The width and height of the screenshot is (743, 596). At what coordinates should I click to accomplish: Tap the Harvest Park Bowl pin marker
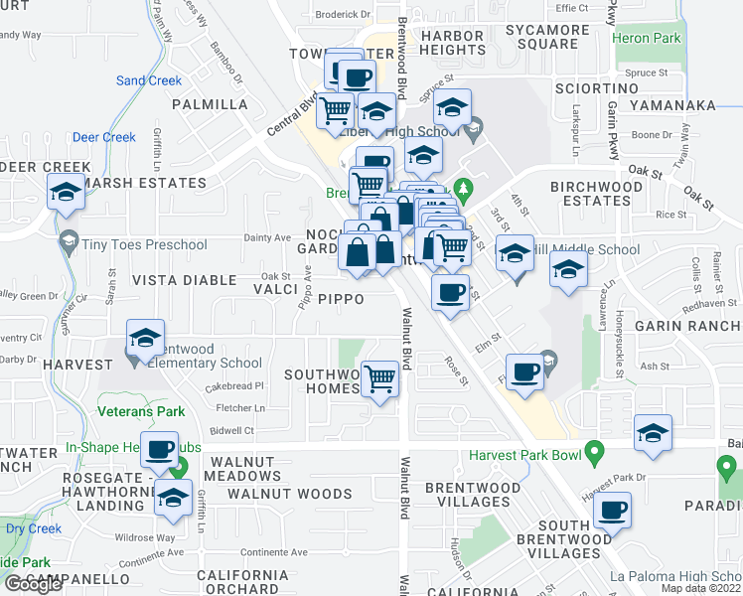tap(595, 455)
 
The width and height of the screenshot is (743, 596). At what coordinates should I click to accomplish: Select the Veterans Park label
tap(140, 410)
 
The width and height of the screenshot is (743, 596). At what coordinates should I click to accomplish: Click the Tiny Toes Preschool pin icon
tap(69, 240)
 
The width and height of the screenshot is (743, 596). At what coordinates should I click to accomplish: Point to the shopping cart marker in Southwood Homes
tap(380, 378)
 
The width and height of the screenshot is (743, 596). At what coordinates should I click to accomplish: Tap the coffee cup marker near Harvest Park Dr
tap(612, 511)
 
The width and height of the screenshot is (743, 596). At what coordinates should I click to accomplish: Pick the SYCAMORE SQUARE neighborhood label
tap(540, 36)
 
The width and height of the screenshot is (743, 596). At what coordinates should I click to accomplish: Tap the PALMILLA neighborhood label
tap(210, 104)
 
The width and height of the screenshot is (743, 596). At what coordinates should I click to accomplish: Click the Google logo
tap(32, 584)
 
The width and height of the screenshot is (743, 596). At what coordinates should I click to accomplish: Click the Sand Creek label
tap(149, 80)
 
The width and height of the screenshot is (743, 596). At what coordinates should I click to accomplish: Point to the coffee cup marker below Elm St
tap(524, 372)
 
